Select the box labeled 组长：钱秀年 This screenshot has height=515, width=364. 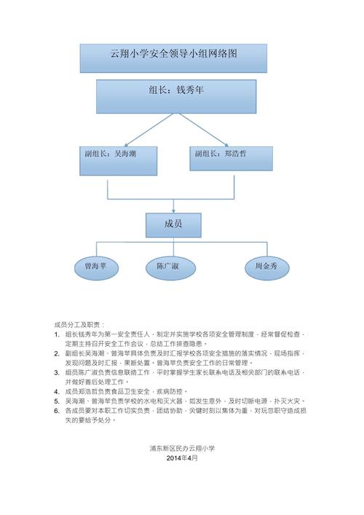(176, 96)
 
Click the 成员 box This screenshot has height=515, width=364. (173, 224)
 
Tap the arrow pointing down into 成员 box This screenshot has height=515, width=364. (173, 205)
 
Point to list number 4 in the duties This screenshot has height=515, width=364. (57, 391)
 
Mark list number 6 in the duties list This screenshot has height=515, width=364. (57, 410)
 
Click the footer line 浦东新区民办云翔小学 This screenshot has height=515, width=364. (181, 449)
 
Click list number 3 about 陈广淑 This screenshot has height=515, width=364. (57, 372)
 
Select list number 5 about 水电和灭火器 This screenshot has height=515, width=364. (57, 401)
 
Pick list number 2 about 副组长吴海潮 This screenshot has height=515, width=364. (57, 353)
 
